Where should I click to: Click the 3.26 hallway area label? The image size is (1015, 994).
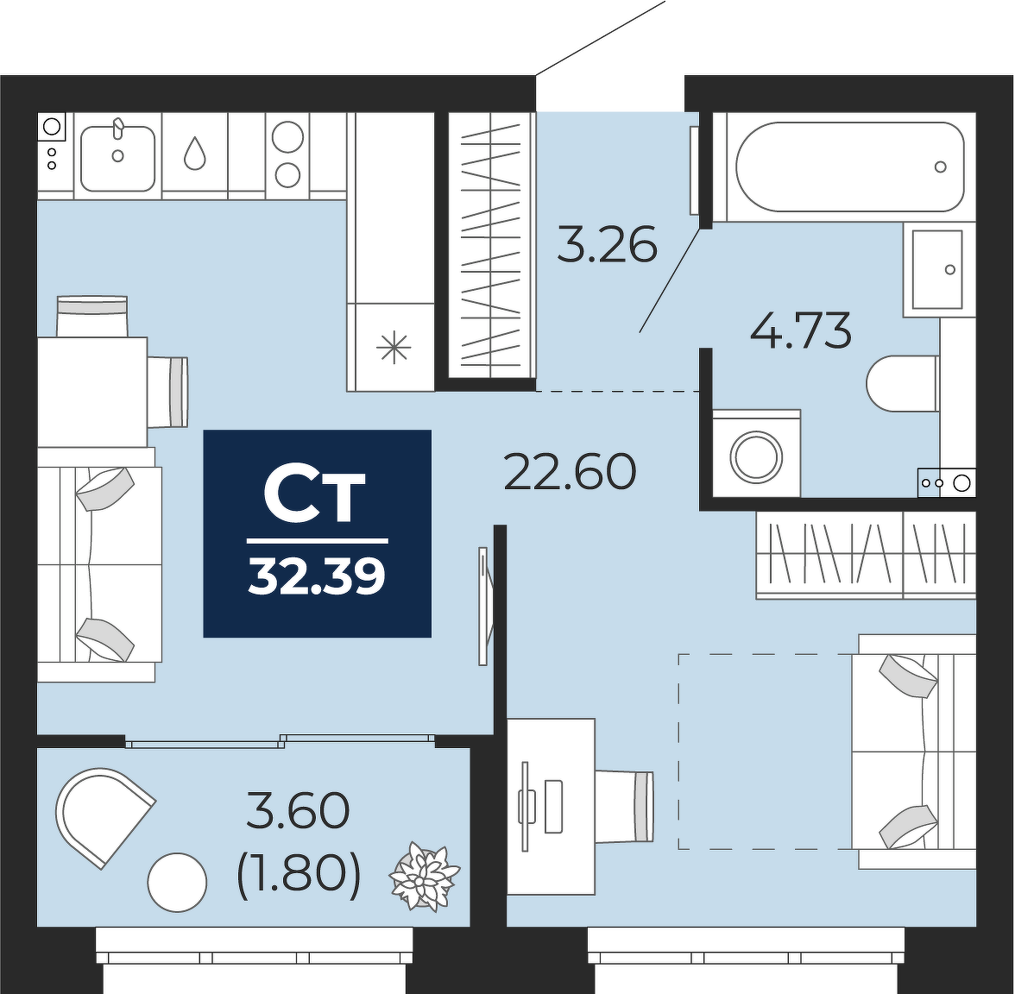pos(608,244)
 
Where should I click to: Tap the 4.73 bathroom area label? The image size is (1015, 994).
pos(801,330)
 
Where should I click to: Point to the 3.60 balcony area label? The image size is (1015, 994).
pos(299,811)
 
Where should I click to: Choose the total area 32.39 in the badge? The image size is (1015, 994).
pos(318,576)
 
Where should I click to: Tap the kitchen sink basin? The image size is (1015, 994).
pos(117,158)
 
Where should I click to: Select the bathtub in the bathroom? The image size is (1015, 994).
pos(850,167)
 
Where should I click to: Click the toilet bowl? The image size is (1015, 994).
pos(903,384)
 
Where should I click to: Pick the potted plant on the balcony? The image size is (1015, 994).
pos(424,877)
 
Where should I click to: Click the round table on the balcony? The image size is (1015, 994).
pos(178,882)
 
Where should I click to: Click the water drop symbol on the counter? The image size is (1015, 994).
pos(195,154)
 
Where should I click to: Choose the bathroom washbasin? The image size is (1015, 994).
pos(936,269)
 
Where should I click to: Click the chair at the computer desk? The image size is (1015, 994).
pos(625,807)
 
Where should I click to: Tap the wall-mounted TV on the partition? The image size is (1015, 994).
pos(482,606)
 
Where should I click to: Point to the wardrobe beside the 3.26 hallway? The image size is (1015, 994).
pos(492,246)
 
